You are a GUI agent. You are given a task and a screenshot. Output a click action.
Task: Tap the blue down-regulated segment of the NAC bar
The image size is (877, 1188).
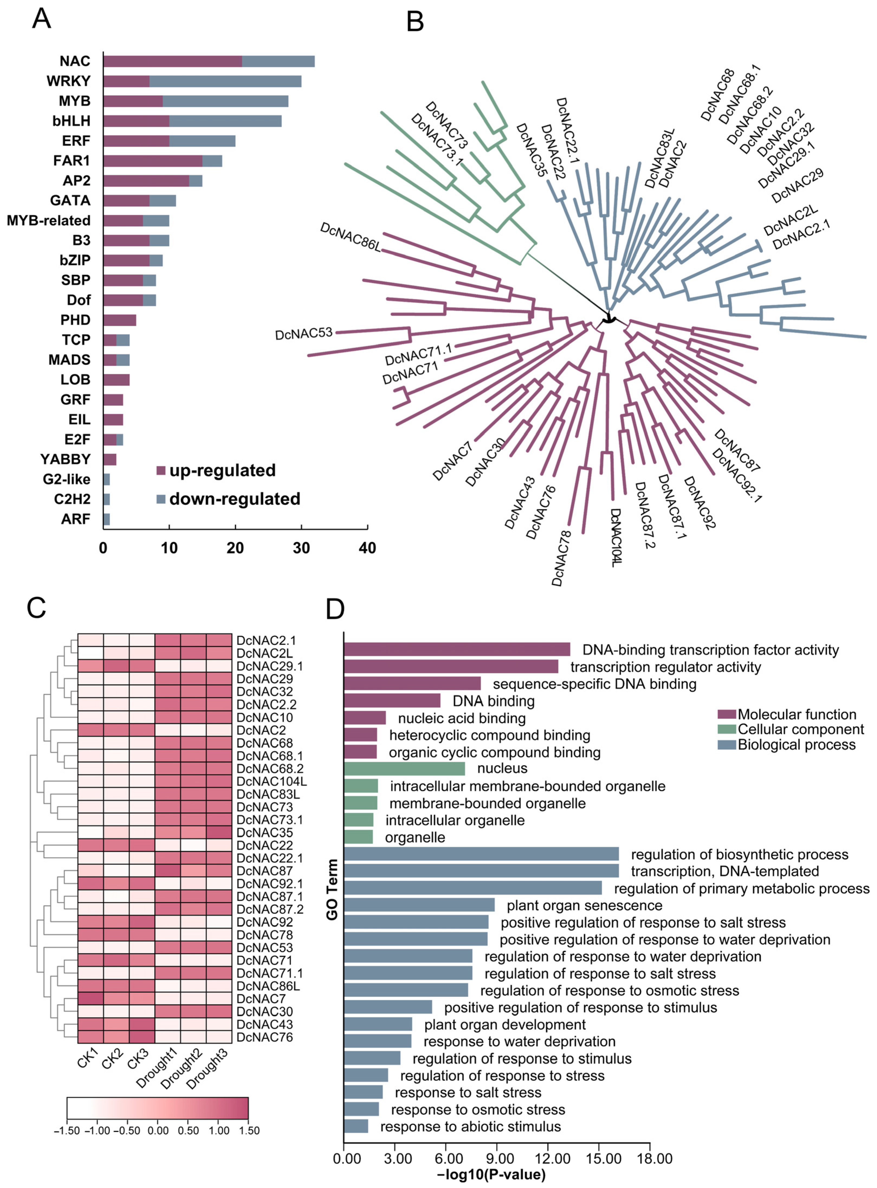[278, 61]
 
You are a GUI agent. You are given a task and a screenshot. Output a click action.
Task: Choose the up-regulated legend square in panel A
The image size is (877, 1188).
[161, 471]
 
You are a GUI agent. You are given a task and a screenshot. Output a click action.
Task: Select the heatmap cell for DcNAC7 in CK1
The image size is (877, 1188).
[91, 999]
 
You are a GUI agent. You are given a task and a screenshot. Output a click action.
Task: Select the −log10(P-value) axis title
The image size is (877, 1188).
[491, 1175]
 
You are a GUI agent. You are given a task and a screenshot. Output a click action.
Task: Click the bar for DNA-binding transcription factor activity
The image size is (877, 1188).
[457, 650]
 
